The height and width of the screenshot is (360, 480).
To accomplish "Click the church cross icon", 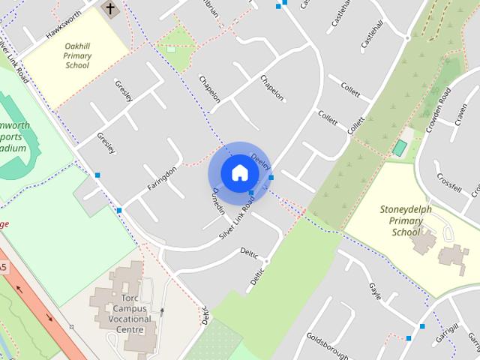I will [x=109, y=9].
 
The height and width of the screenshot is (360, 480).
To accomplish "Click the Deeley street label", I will [x=259, y=160].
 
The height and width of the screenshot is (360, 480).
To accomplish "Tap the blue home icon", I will [x=239, y=172].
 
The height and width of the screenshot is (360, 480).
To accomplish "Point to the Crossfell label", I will [x=448, y=184].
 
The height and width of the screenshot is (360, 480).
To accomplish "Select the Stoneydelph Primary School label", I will [x=406, y=220].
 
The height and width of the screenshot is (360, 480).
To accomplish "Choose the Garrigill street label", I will [x=450, y=331].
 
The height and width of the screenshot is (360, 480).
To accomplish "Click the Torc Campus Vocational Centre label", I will [x=125, y=307].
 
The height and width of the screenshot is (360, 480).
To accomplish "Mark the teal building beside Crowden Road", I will [x=400, y=147].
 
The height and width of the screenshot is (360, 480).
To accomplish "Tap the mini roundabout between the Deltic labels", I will [x=266, y=261].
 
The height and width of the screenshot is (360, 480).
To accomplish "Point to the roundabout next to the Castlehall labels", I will [x=406, y=37].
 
